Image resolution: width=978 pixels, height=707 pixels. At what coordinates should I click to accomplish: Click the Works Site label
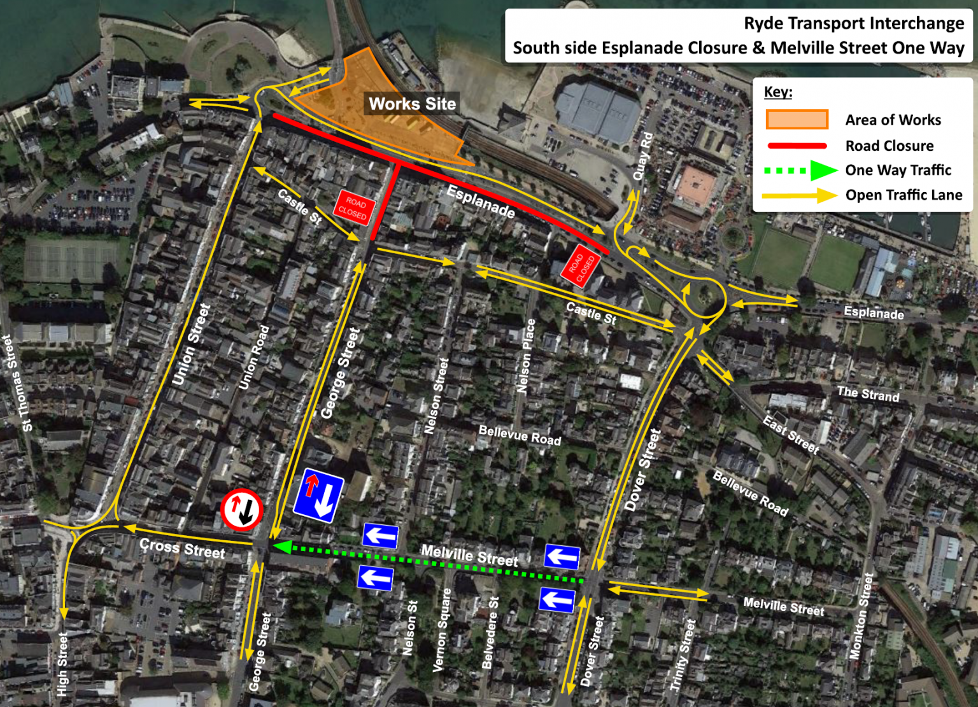[412, 104]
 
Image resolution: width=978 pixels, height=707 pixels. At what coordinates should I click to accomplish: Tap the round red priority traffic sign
[242, 509]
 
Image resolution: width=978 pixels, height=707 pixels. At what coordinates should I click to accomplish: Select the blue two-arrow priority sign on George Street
[318, 496]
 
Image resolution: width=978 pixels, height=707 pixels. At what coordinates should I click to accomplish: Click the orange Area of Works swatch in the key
[797, 120]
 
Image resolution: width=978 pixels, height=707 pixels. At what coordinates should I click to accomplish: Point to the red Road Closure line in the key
[797, 146]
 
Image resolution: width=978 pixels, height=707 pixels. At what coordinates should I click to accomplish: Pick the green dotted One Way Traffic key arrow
[800, 171]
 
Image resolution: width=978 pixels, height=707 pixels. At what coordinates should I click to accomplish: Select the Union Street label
[191, 344]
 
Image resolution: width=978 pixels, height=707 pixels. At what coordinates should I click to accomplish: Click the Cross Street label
[182, 548]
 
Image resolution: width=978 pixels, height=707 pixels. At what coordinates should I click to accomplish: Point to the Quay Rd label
[642, 156]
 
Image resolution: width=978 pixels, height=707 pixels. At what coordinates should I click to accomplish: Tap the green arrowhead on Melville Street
[282, 547]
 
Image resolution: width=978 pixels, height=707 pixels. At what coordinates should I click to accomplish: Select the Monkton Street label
[860, 616]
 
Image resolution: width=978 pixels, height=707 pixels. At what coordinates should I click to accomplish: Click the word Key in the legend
[777, 92]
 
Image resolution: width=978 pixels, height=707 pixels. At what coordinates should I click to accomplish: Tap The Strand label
[868, 394]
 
